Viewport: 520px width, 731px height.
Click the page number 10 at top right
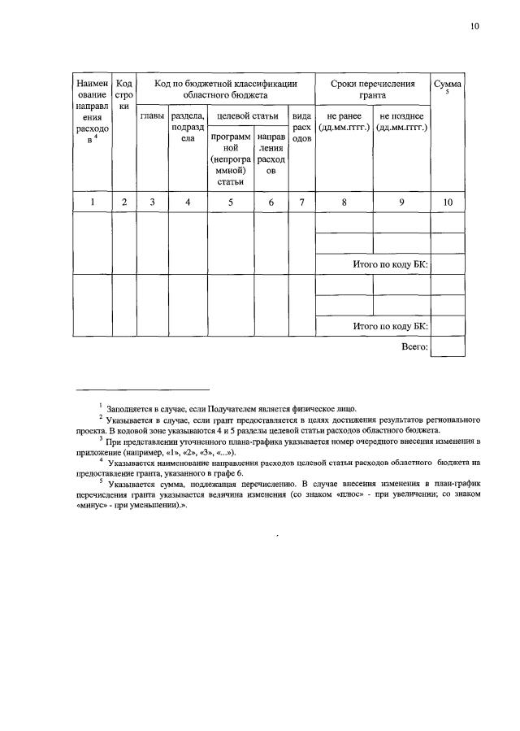(474, 26)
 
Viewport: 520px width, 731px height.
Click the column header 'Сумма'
(448, 84)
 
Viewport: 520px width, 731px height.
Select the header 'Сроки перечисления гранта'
(372, 89)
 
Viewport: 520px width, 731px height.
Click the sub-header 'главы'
(151, 116)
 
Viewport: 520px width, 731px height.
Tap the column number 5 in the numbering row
(231, 202)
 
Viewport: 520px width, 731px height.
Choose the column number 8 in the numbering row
(344, 202)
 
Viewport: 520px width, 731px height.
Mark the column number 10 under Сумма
(448, 202)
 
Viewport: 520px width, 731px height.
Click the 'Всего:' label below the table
(414, 346)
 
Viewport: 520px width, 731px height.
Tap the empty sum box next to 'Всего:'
(448, 347)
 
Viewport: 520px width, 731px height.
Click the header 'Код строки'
(124, 94)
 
